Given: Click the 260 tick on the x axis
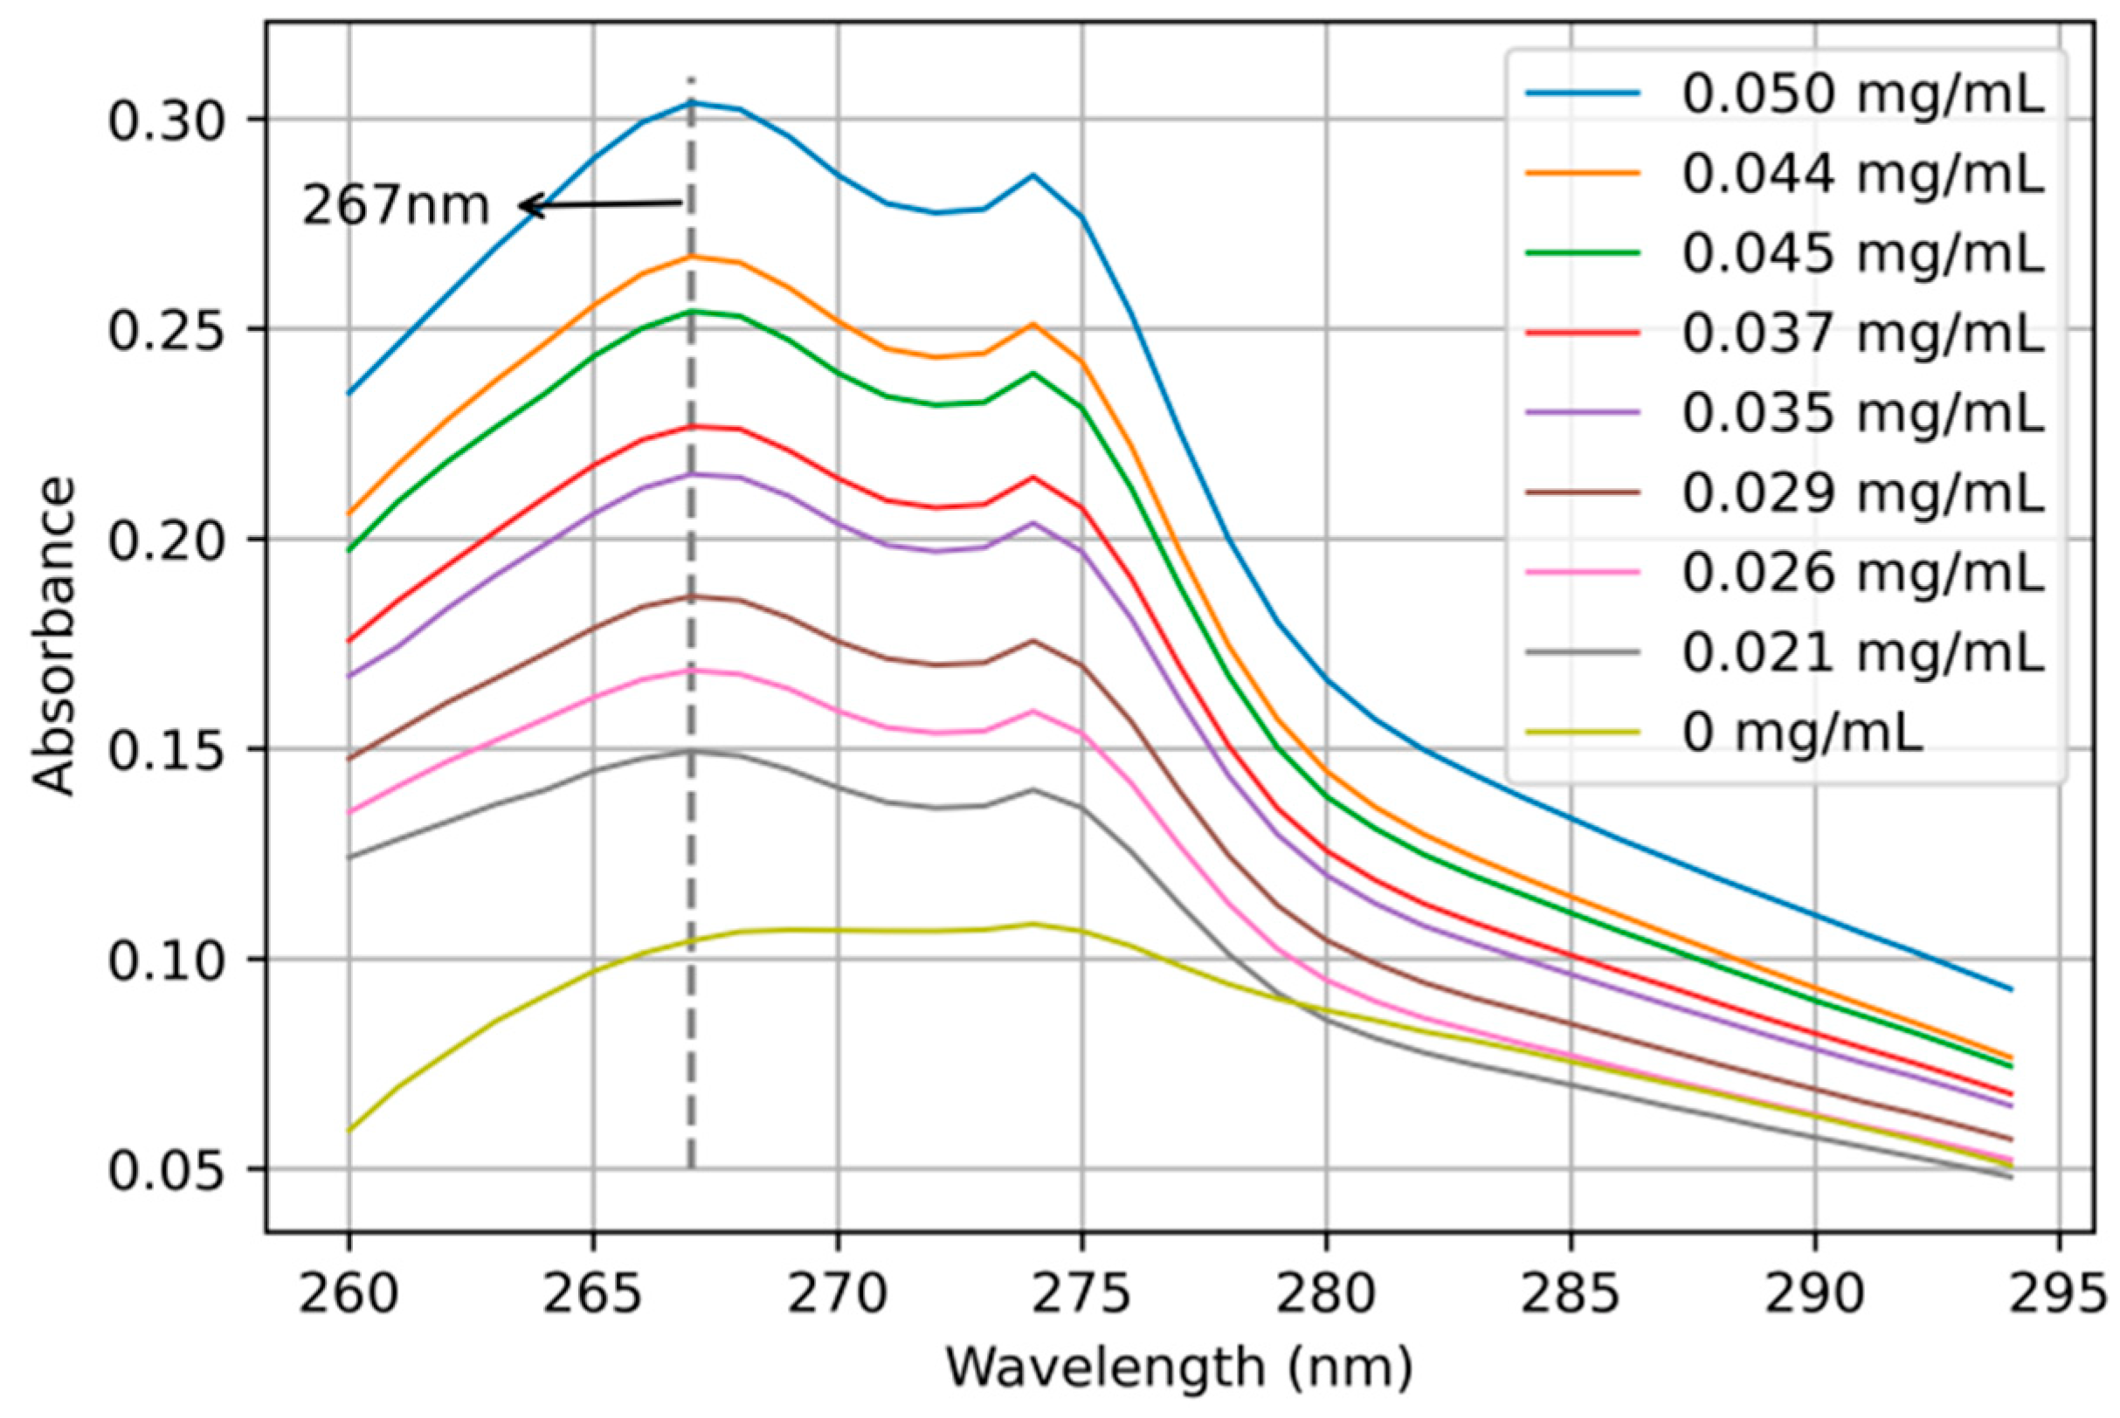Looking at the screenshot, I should pyautogui.click(x=349, y=1294).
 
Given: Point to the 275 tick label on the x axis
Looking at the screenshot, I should pyautogui.click(x=1081, y=1294).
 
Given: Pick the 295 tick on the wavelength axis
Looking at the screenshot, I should pyautogui.click(x=2059, y=1294).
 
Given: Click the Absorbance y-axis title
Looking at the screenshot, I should pyautogui.click(x=52, y=637).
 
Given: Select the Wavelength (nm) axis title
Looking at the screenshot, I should pyautogui.click(x=1178, y=1367).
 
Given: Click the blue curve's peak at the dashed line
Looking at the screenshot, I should pyautogui.click(x=692, y=102).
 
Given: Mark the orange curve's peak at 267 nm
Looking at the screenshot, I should pyautogui.click(x=692, y=257).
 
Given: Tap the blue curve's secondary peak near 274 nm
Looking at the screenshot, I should pyautogui.click(x=1033, y=175).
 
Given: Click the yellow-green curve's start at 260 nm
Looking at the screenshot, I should pyautogui.click(x=349, y=1131).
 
